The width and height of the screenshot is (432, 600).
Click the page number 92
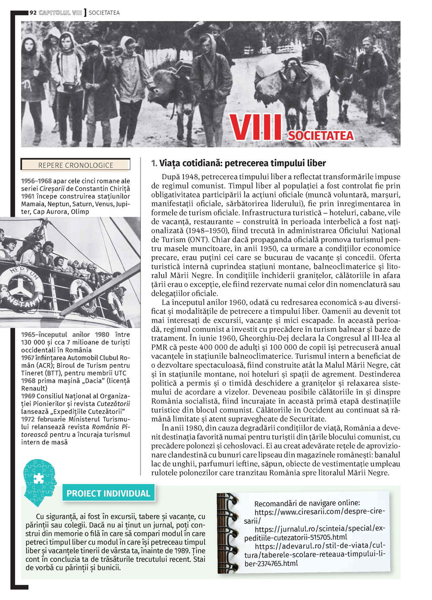pos(33,13)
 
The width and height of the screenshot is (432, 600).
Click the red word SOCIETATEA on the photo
pos(321,136)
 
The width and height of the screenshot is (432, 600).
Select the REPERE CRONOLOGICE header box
pos(76,165)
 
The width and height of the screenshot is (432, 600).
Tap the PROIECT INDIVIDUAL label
pos(108,493)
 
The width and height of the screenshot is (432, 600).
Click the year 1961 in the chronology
pos(28,196)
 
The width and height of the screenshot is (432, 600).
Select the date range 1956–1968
pos(36,181)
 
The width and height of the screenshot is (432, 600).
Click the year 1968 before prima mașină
pos(28,381)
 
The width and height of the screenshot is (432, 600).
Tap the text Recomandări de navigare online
pos(307,503)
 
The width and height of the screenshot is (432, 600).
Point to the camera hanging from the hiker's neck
pos(70,86)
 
